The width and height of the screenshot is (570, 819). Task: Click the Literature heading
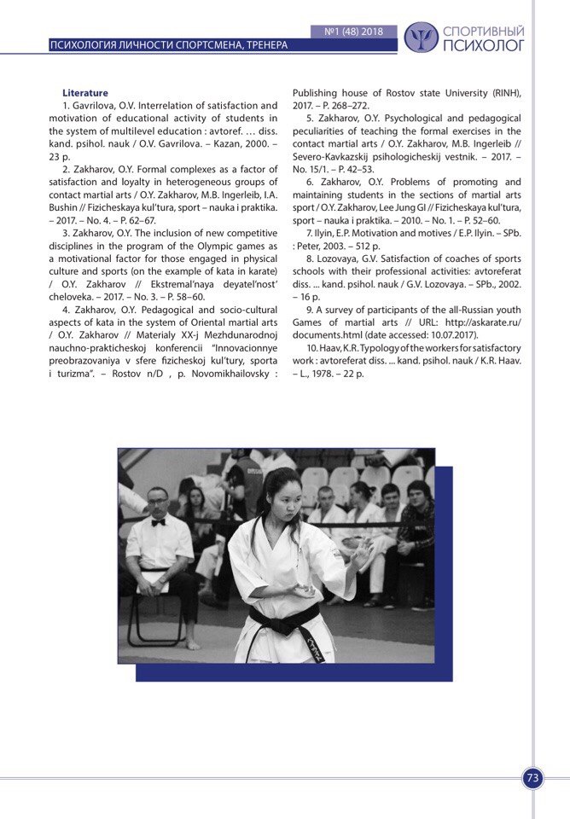click(85, 93)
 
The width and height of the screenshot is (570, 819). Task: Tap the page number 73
click(533, 778)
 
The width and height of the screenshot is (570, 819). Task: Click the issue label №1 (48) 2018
click(354, 32)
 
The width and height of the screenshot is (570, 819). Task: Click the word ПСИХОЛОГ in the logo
click(484, 46)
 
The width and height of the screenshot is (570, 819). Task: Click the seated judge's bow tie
click(158, 522)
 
